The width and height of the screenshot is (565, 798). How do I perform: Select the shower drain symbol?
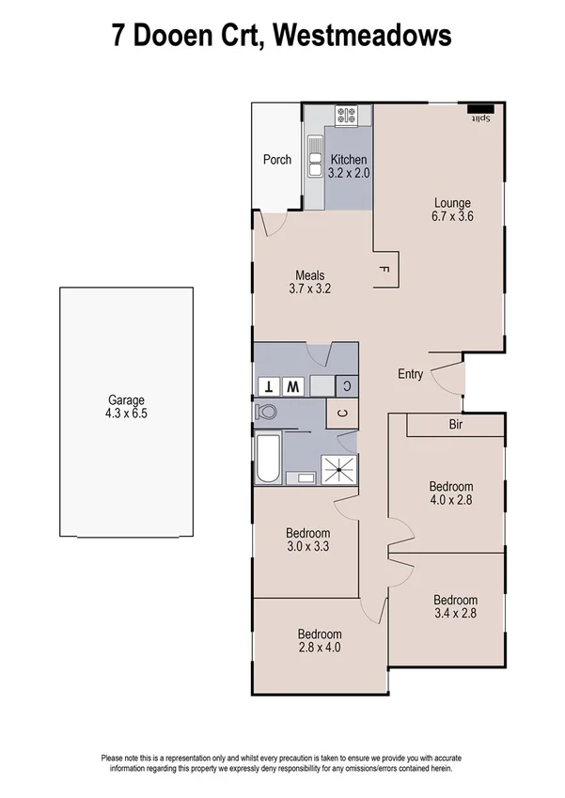click(x=338, y=468)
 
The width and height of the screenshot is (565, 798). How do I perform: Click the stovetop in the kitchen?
click(x=346, y=117)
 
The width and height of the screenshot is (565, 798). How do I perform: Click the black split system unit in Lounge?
click(x=481, y=108)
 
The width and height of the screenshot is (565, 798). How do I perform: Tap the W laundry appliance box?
click(x=292, y=385)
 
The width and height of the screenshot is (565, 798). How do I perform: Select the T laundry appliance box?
click(x=269, y=385)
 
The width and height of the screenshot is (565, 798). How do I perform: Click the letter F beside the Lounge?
click(x=383, y=271)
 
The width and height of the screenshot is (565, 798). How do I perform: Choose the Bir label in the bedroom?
click(x=457, y=425)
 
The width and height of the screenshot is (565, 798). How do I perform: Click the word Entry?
click(x=411, y=374)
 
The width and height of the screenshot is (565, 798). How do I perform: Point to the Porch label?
click(x=276, y=160)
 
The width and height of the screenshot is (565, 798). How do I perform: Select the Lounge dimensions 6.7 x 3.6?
click(x=451, y=215)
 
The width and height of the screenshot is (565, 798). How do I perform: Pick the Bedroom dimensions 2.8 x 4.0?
click(x=320, y=647)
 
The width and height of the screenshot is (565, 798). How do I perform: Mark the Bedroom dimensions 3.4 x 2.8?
click(x=455, y=613)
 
